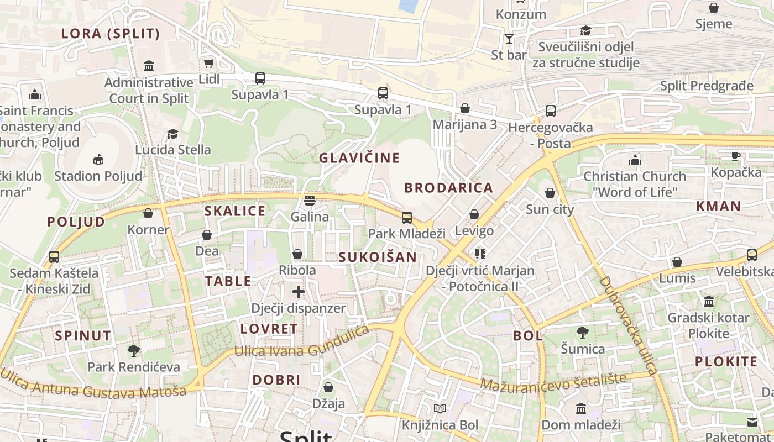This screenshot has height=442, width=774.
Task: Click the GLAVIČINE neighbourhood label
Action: [x=359, y=158]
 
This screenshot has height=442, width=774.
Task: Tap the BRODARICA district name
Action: [x=448, y=188]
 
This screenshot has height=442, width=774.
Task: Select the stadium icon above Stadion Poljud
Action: [x=98, y=160]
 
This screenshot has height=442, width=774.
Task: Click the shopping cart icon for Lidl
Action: [x=208, y=64]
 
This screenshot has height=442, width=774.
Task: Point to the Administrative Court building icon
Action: [x=149, y=66]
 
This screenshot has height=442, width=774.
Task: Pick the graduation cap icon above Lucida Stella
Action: [x=173, y=134]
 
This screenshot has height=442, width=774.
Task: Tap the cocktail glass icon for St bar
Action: [x=509, y=39]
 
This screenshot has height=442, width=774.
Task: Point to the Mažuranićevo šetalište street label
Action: [x=553, y=381]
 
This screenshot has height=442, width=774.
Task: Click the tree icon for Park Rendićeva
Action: [x=133, y=350]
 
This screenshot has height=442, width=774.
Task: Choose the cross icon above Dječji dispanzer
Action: [x=299, y=292]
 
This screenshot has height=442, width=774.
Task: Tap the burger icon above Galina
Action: [x=310, y=200]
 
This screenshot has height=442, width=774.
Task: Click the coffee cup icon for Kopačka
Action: [x=736, y=156]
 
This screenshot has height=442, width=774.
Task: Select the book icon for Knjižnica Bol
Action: [x=440, y=409]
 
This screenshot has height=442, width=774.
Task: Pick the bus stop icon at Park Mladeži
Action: [x=407, y=217]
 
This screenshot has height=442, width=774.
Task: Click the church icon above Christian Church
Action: [x=635, y=160]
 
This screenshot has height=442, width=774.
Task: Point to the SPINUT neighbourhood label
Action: [x=83, y=336]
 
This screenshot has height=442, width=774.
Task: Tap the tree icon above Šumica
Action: [x=582, y=333]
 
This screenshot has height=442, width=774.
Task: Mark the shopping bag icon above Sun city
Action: [x=550, y=193]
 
